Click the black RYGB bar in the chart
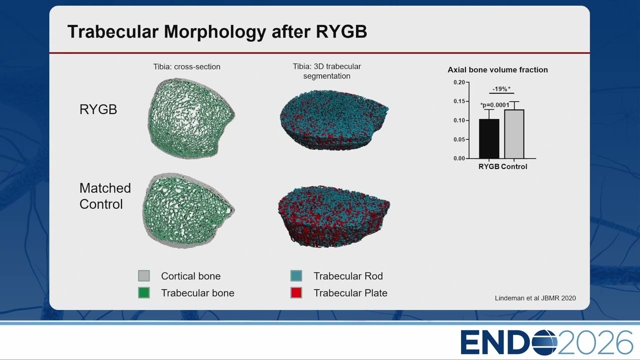pos(489,138)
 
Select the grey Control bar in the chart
pos(514,134)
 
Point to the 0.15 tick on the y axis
pos(467,101)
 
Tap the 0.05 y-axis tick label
pos(459,139)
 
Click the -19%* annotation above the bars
pos(501,89)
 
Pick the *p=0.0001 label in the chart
pos(494,105)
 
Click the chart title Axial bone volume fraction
pos(497,69)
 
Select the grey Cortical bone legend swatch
pos(143,275)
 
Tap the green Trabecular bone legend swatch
pos(143,292)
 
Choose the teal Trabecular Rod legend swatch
pos(296,275)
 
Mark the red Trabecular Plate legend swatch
pos(296,292)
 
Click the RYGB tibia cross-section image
pos(191,118)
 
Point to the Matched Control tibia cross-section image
pos(188,210)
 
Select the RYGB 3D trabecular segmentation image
pos(334,119)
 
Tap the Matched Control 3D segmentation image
pos(334,216)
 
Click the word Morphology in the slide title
pos(214,31)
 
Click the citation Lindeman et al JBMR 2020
pos(535,298)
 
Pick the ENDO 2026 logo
pos(546,342)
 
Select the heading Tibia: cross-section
pos(186,66)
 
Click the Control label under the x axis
pos(514,166)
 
